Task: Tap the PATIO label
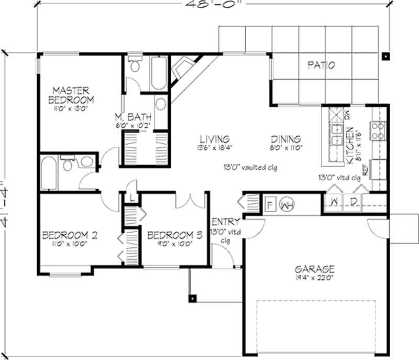point(321,66)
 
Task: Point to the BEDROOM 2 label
point(68,235)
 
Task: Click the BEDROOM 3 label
point(174,235)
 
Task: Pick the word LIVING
point(214,139)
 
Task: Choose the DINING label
point(286,139)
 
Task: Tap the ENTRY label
point(226,221)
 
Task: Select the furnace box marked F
point(271,203)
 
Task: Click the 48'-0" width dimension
point(215,4)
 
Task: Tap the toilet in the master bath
point(135,63)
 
